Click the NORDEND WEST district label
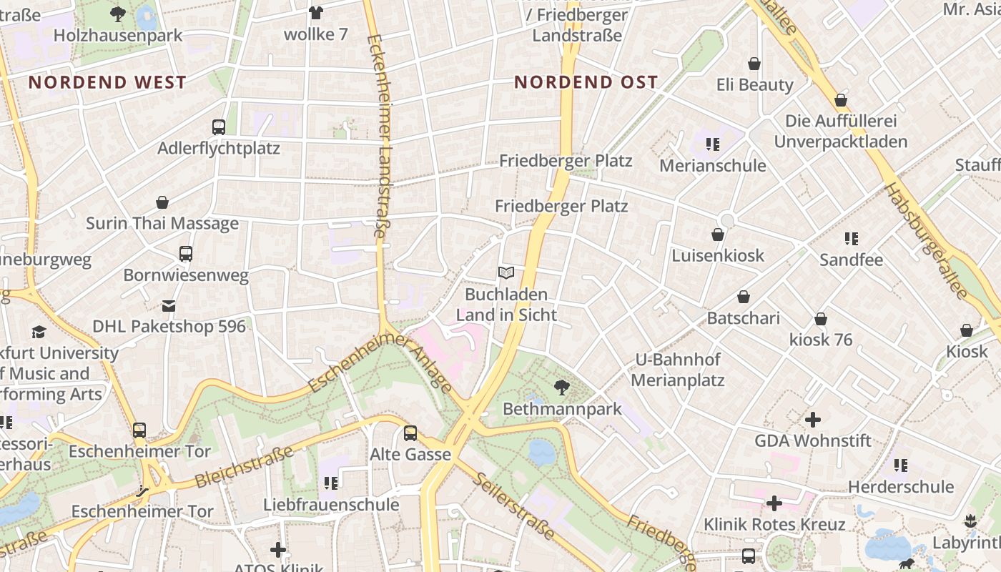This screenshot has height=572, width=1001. point(107,82)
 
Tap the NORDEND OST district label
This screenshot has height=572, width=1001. point(586,82)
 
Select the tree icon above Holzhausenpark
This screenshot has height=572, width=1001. point(118,13)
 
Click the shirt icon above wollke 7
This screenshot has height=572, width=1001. point(315,12)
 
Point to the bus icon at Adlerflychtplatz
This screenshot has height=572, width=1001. point(219,127)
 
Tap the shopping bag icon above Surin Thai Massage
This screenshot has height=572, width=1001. point(162,202)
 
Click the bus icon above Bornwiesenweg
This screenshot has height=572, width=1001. point(186,254)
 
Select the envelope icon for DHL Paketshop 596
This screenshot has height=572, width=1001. point(169,306)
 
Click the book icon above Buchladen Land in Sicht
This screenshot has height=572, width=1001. point(506,272)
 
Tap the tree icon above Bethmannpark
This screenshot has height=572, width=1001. point(562,388)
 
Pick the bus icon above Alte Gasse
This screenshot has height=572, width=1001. point(410,433)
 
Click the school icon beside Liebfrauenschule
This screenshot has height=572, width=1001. point(330,483)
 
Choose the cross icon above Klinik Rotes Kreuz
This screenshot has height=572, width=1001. point(774,503)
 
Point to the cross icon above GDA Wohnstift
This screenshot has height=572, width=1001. point(813,420)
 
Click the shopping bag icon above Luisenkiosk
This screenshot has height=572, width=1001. point(718,235)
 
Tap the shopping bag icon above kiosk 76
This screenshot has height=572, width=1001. point(821,319)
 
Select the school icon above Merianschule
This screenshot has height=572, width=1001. point(712,144)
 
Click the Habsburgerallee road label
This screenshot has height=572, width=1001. point(926,241)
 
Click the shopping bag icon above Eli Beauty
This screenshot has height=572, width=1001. point(754,64)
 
